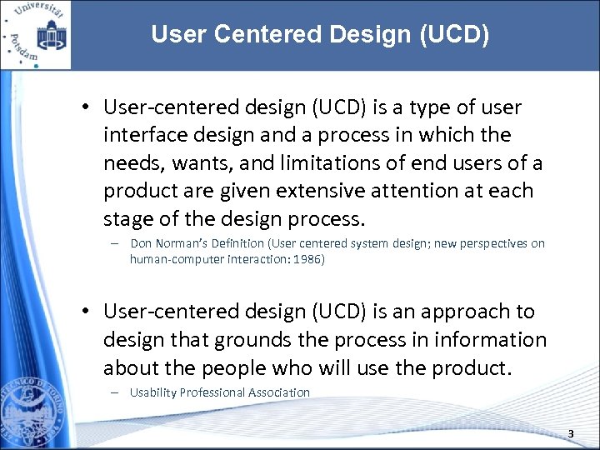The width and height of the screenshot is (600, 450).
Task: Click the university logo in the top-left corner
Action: [35, 34]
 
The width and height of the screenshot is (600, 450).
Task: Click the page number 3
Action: [571, 433]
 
